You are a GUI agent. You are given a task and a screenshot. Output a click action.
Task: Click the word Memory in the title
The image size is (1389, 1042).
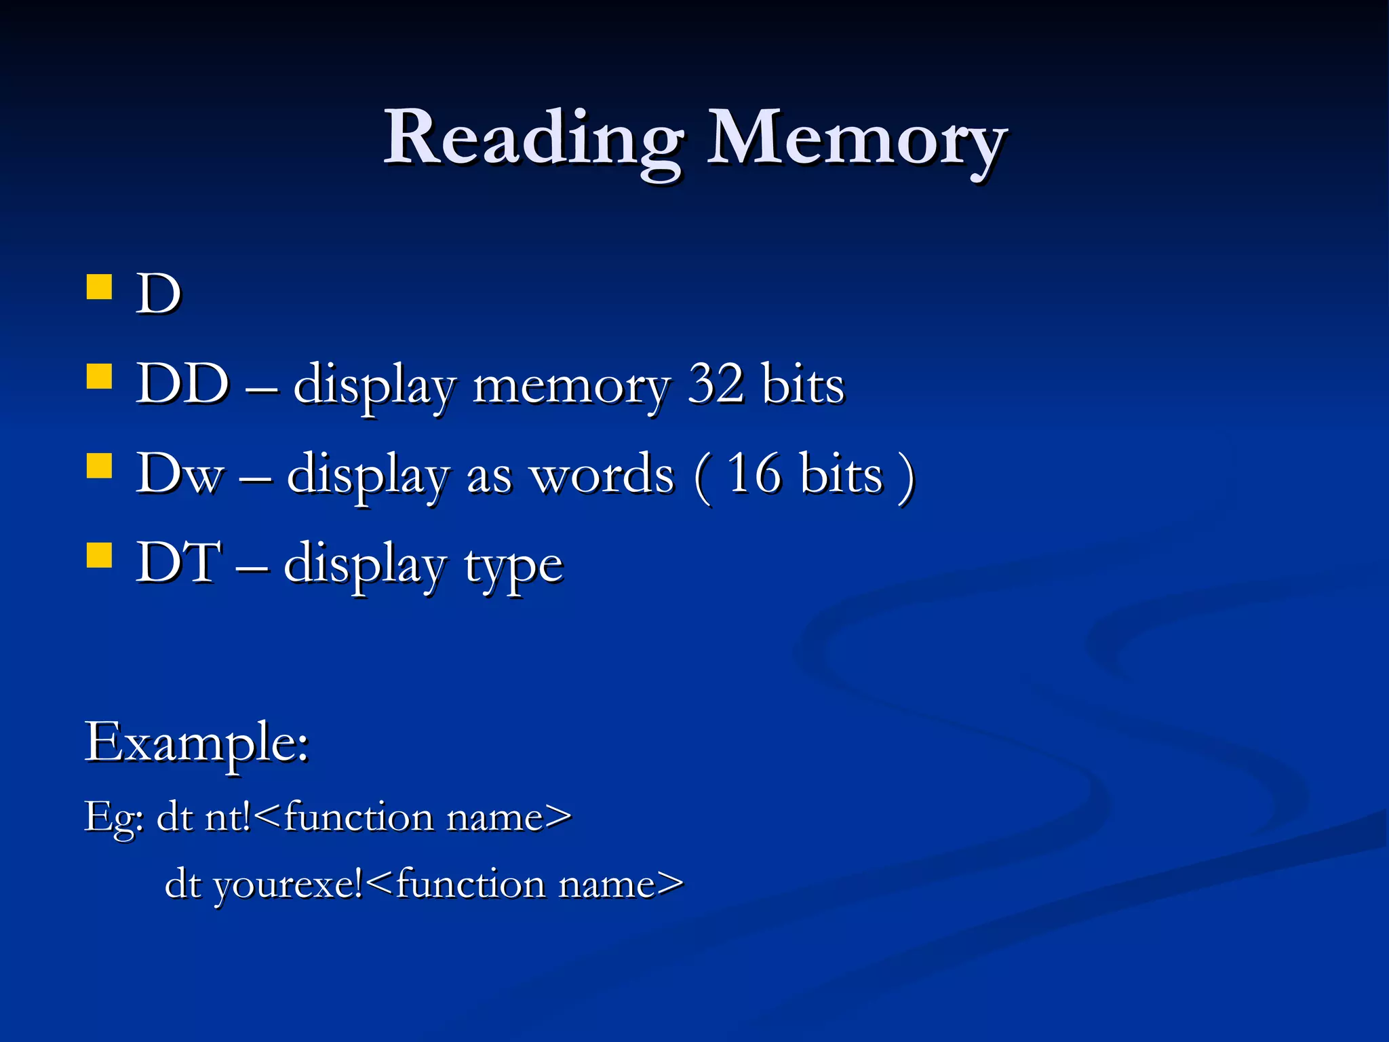coord(856,139)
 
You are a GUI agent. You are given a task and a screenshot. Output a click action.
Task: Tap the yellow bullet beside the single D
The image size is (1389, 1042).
coord(100,287)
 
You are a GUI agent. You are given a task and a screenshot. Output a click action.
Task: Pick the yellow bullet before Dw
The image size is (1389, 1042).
coord(100,466)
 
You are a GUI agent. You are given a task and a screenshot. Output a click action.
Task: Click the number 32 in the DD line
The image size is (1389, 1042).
coord(716,384)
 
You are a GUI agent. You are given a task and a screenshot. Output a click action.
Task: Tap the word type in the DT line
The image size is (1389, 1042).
coord(513,565)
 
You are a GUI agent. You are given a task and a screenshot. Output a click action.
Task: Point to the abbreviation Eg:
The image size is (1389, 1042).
coord(113,817)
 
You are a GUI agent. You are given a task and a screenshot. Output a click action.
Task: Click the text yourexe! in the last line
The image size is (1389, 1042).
coord(289,885)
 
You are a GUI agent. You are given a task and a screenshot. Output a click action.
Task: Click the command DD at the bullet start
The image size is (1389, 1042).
coord(182,384)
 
